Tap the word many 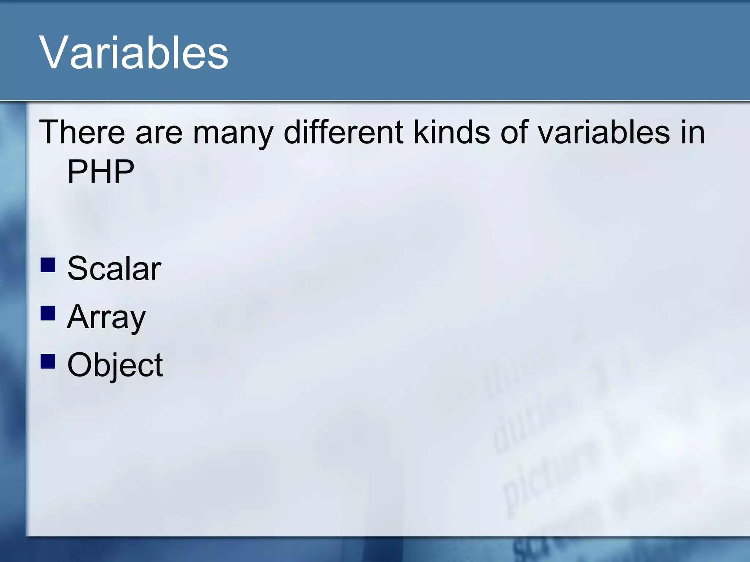coord(233,132)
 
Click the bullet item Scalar coord(114,269)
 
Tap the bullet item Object coord(115,365)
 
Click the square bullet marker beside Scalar coord(48,265)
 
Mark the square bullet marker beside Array coord(48,313)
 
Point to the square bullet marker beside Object coord(48,361)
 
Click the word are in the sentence coord(159,132)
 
